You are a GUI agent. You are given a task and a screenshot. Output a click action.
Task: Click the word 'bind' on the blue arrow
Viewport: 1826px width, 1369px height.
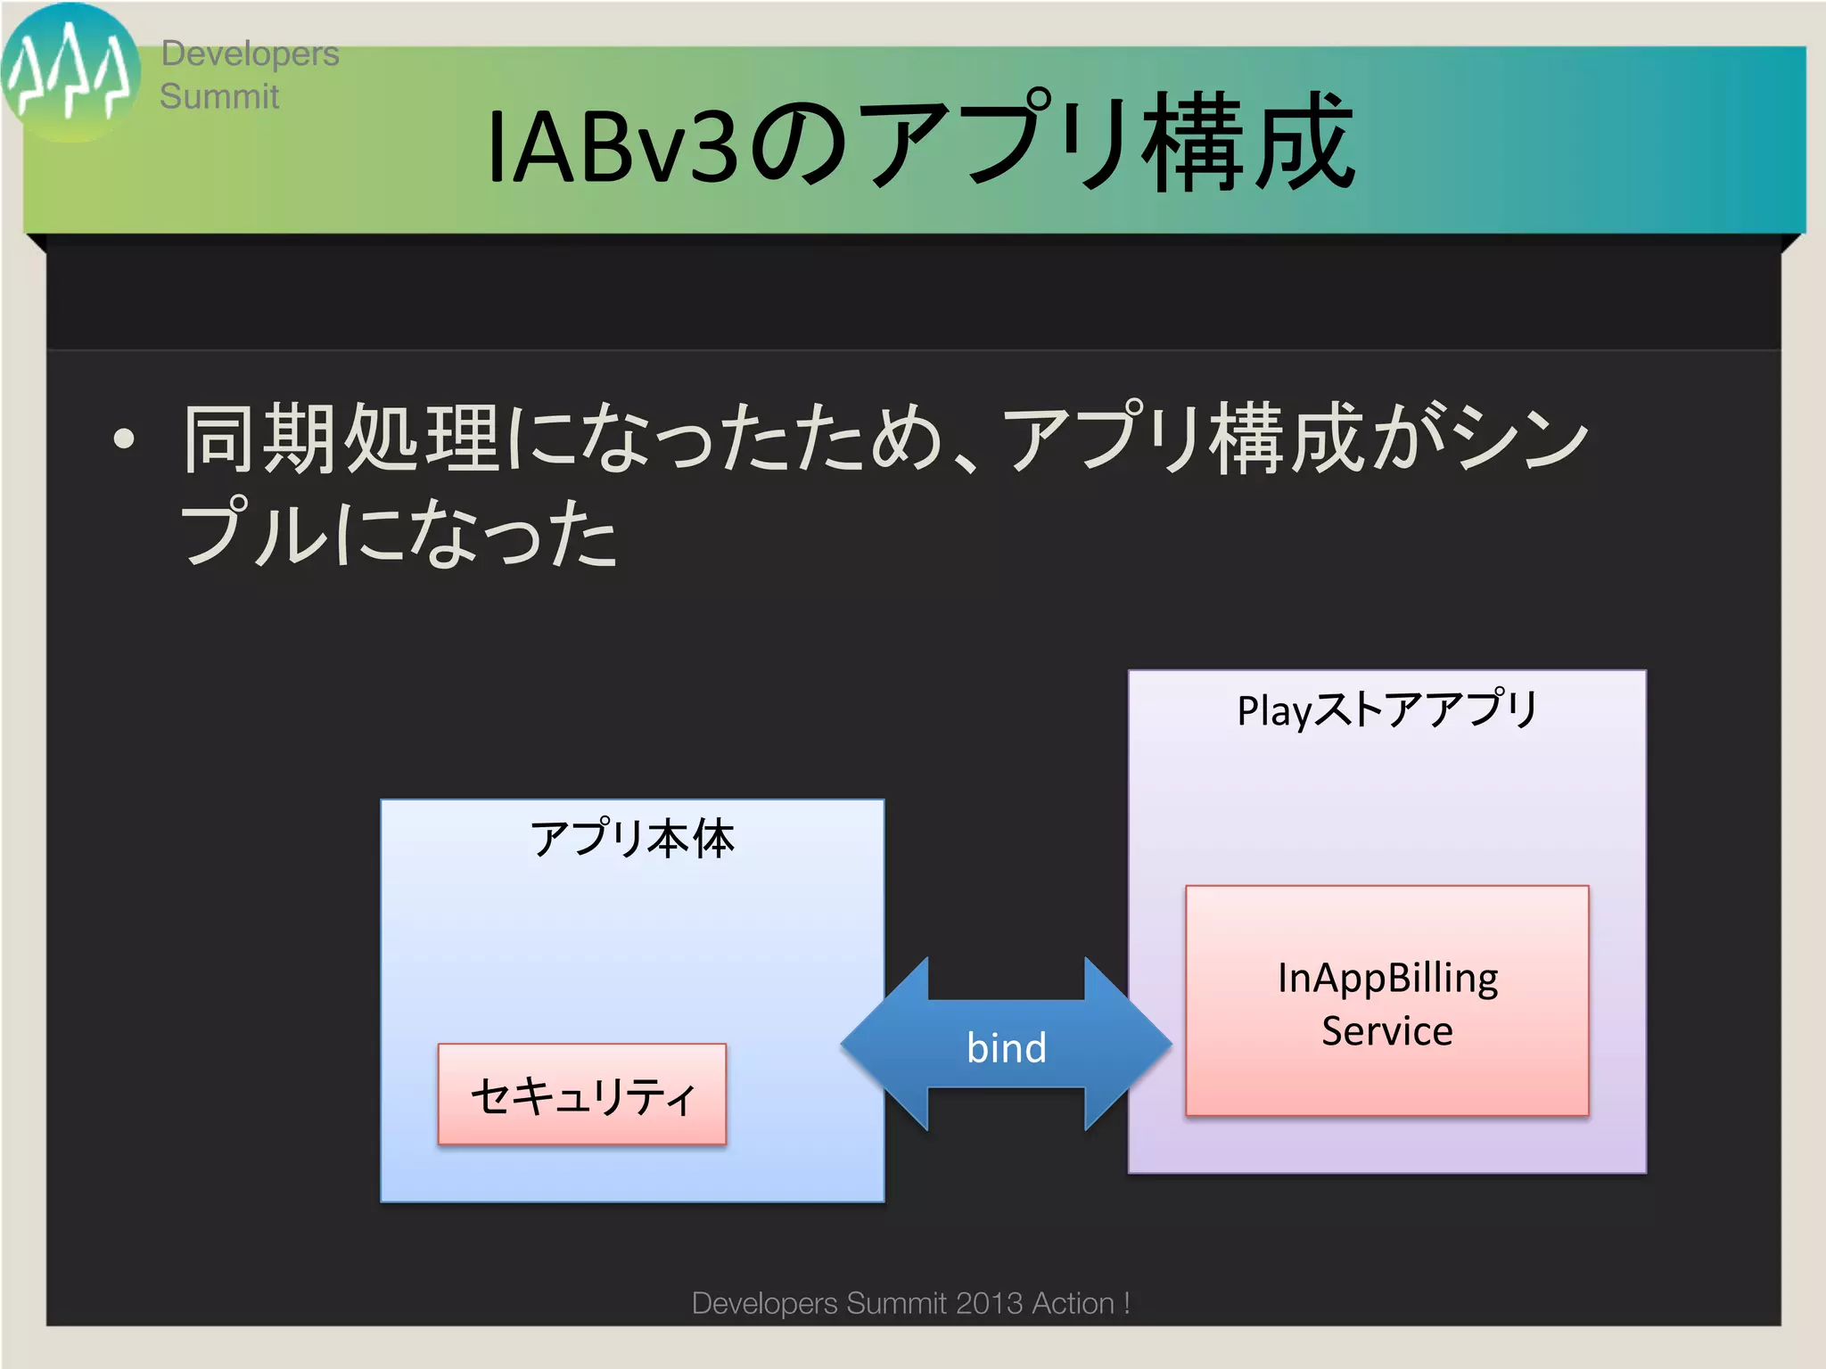pyautogui.click(x=1006, y=1048)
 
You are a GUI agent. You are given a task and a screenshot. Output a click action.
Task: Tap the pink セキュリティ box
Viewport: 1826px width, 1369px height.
pyautogui.click(x=582, y=1094)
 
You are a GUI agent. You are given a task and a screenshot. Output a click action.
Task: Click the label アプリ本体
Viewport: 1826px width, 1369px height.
pyautogui.click(x=632, y=840)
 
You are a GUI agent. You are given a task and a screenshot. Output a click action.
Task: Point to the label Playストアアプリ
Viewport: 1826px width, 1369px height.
pyautogui.click(x=1386, y=710)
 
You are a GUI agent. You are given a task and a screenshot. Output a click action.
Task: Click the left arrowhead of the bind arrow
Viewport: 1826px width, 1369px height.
pyautogui.click(x=878, y=1045)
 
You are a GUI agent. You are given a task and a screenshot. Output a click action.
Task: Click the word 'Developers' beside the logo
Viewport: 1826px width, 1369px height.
pyautogui.click(x=250, y=53)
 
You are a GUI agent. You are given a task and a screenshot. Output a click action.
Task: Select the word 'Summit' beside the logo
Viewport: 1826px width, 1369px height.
pyautogui.click(x=219, y=96)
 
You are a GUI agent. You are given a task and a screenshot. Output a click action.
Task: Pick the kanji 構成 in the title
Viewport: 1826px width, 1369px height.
pyautogui.click(x=1248, y=143)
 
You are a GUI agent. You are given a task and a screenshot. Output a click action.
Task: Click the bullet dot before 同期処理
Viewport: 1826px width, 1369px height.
pyautogui.click(x=124, y=439)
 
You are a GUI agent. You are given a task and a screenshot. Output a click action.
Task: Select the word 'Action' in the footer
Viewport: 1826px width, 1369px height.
pyautogui.click(x=1073, y=1303)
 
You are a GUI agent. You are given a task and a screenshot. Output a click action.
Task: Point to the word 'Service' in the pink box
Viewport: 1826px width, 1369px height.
pyautogui.click(x=1386, y=1031)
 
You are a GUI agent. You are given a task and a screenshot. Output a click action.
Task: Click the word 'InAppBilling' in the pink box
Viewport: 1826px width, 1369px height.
pyautogui.click(x=1386, y=978)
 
